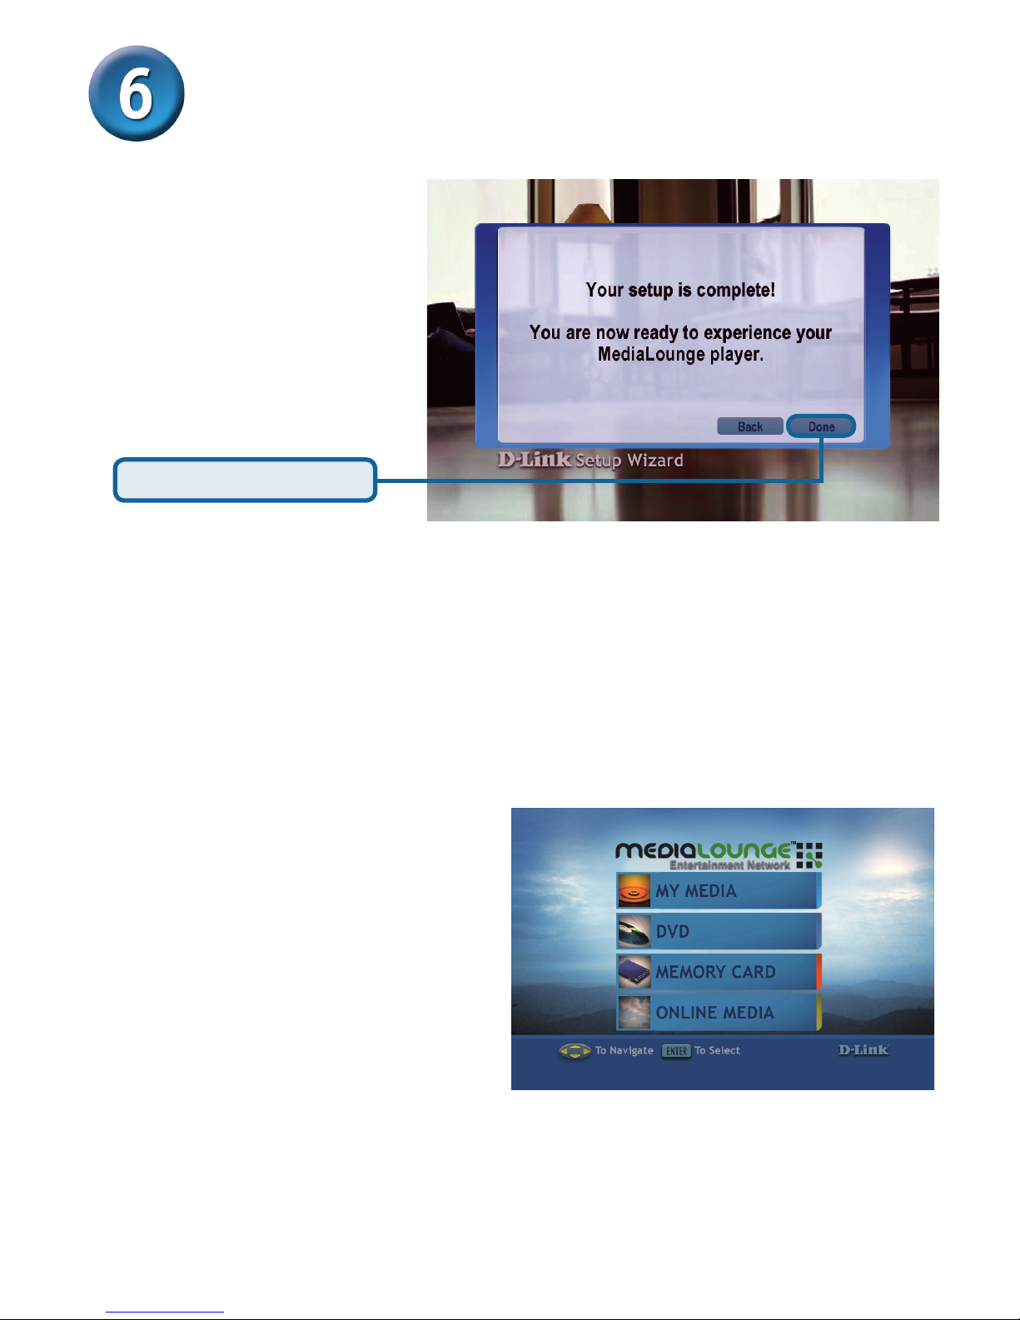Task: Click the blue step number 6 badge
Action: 137,93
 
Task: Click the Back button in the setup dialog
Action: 750,426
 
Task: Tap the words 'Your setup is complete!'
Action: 680,290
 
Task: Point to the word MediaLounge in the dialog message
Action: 651,354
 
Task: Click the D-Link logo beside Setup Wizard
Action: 535,459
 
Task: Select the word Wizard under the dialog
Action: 655,461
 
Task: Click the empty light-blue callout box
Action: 246,480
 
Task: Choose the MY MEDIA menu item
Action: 719,890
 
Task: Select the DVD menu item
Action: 719,931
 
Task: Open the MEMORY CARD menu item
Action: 719,972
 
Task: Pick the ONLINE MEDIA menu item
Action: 719,1013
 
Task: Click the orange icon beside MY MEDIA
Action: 634,890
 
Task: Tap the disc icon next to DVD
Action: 634,931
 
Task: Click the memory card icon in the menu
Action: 634,972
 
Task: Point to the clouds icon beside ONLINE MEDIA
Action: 634,1013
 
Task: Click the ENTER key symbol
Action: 676,1051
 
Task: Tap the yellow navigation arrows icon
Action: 575,1051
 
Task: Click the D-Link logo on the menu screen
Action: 863,1049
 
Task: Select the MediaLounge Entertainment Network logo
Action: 719,855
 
